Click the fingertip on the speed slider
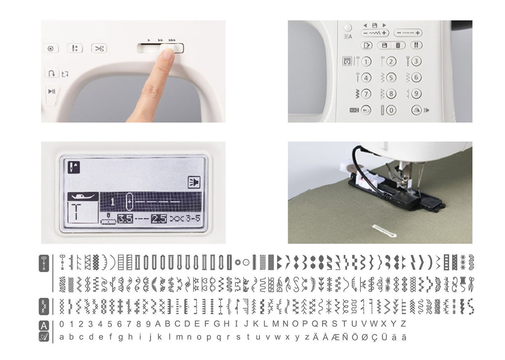(x=168, y=52)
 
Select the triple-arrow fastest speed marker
(x=172, y=40)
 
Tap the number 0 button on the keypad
(x=391, y=110)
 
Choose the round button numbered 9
(x=416, y=94)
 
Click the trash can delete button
(x=398, y=45)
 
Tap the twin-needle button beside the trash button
(x=416, y=45)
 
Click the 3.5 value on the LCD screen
(x=125, y=218)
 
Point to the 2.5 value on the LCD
(x=159, y=218)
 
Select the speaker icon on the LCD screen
(x=194, y=182)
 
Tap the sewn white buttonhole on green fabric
(x=384, y=230)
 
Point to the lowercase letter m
(x=180, y=337)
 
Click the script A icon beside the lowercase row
(x=44, y=337)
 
